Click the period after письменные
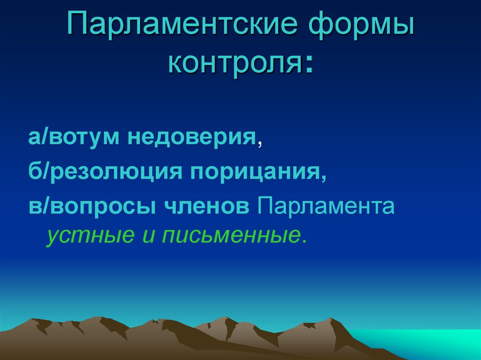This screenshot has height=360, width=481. tap(304, 241)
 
